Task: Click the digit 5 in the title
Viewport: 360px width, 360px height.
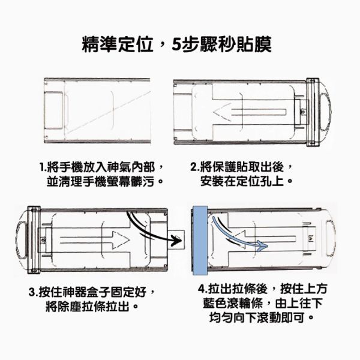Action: pos(177,44)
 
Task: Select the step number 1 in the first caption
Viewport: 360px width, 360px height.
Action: pos(41,167)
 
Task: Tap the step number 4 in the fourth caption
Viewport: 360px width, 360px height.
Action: pos(202,289)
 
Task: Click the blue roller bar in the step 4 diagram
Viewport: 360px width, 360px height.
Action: pos(200,241)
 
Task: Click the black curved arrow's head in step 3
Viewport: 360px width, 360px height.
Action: pos(176,241)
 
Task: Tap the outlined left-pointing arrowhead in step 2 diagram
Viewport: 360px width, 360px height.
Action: pos(222,112)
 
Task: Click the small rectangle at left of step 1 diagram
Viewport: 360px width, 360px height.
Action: pos(53,110)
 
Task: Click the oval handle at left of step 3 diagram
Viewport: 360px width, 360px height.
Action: pos(22,239)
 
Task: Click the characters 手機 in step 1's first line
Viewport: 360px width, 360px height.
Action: pos(69,167)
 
